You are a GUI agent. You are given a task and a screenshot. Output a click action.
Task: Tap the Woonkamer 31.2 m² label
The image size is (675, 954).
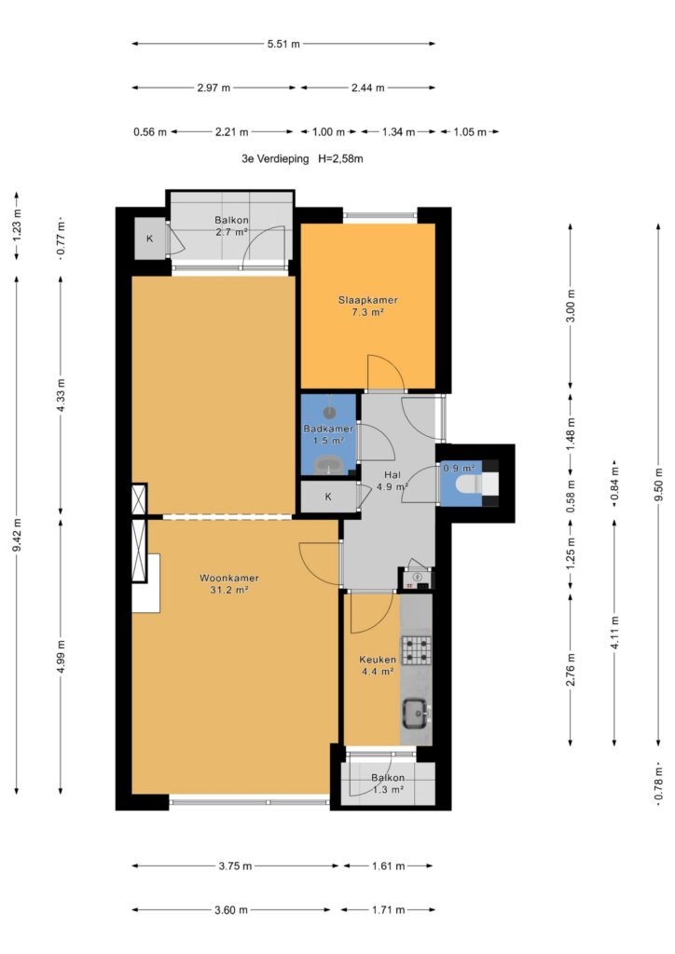(x=229, y=584)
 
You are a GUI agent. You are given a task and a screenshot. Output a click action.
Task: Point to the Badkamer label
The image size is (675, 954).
(x=328, y=429)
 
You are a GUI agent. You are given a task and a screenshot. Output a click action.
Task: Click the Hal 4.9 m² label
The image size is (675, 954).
(x=392, y=481)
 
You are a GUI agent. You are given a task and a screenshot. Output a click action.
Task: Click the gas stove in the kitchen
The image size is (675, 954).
(x=417, y=649)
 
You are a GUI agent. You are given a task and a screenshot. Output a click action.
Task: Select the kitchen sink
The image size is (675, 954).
(x=417, y=712)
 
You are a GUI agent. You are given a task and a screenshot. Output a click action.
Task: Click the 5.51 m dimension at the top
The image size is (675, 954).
(x=283, y=44)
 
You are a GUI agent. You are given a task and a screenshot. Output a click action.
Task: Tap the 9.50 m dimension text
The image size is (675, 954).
(x=658, y=484)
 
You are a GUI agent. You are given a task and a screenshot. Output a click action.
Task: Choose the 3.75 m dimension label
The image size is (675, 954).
(x=235, y=865)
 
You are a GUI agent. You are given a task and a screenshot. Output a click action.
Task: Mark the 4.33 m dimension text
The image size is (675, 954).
(x=61, y=395)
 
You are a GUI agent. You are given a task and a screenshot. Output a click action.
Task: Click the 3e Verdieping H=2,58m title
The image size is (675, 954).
(x=302, y=158)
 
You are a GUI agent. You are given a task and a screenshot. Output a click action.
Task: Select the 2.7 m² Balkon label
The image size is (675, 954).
(x=231, y=225)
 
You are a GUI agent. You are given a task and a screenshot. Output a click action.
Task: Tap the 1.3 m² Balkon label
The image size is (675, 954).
(x=388, y=784)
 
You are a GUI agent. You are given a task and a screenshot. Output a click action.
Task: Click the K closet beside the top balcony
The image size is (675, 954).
(x=150, y=238)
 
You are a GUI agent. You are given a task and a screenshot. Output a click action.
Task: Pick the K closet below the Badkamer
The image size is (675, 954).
(x=329, y=497)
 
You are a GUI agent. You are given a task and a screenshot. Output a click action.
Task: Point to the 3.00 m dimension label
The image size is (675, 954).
(x=571, y=307)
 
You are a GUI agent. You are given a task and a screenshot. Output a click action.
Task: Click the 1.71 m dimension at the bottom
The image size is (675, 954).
(x=389, y=910)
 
